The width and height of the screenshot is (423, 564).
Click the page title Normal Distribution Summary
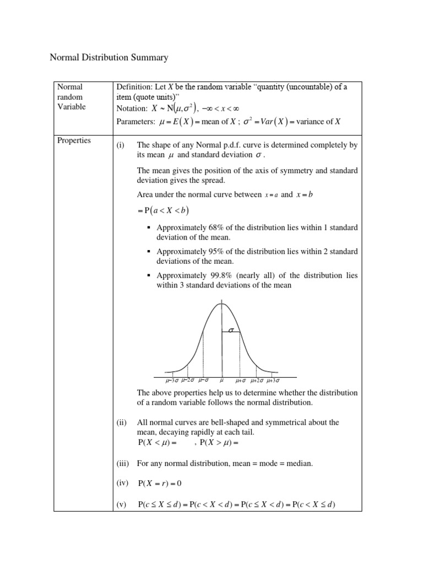[x=109, y=57]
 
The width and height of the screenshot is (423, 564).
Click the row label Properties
[x=74, y=140]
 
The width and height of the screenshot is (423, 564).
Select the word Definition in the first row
[x=134, y=87]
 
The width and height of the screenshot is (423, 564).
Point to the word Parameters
[x=135, y=122]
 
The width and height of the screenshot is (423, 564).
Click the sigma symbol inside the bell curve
[x=231, y=330]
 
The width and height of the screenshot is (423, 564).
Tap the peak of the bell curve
[x=221, y=303]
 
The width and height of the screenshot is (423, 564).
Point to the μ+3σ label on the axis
[x=273, y=380]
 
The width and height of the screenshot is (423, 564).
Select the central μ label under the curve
[x=222, y=380]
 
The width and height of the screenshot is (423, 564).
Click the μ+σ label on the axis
[x=241, y=380]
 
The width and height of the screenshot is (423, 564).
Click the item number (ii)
[x=121, y=422]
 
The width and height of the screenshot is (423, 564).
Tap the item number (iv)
[x=122, y=483]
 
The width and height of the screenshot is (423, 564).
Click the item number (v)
[x=122, y=504]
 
